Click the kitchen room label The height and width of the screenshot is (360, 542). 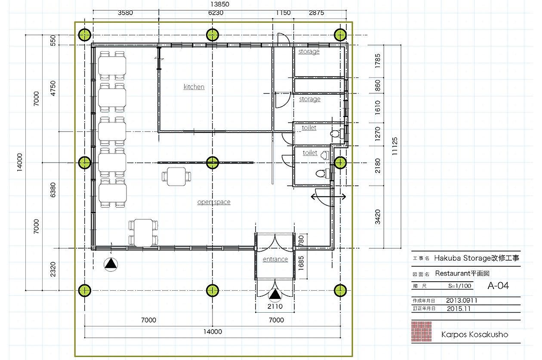pos(194,86)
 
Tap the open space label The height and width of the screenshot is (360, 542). pos(214,202)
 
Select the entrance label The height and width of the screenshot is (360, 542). pos(275,259)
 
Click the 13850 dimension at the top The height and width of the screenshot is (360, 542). pos(220,4)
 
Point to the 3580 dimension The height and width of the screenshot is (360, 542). pos(125,12)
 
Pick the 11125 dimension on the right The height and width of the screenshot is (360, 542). pos(394,146)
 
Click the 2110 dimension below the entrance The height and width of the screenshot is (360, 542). pos(275,307)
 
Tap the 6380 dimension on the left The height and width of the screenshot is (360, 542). pos(53,190)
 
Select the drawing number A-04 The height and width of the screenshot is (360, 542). pos(498,286)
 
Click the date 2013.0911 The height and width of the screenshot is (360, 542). pos(462,301)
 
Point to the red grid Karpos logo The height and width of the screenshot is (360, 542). pos(422,332)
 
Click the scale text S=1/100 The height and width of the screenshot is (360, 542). pos(460,286)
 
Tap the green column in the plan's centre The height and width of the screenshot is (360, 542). pos(212,163)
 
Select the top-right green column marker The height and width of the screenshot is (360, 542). pos(340,35)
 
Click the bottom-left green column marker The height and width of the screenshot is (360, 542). pos(85,290)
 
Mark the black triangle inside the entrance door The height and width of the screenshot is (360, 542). pos(275,295)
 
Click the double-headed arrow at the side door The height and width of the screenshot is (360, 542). pos(328,197)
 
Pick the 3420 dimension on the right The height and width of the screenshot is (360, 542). pos(378,217)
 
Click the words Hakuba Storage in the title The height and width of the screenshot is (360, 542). pos(461,258)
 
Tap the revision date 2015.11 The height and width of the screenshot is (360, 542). pos(459,309)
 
